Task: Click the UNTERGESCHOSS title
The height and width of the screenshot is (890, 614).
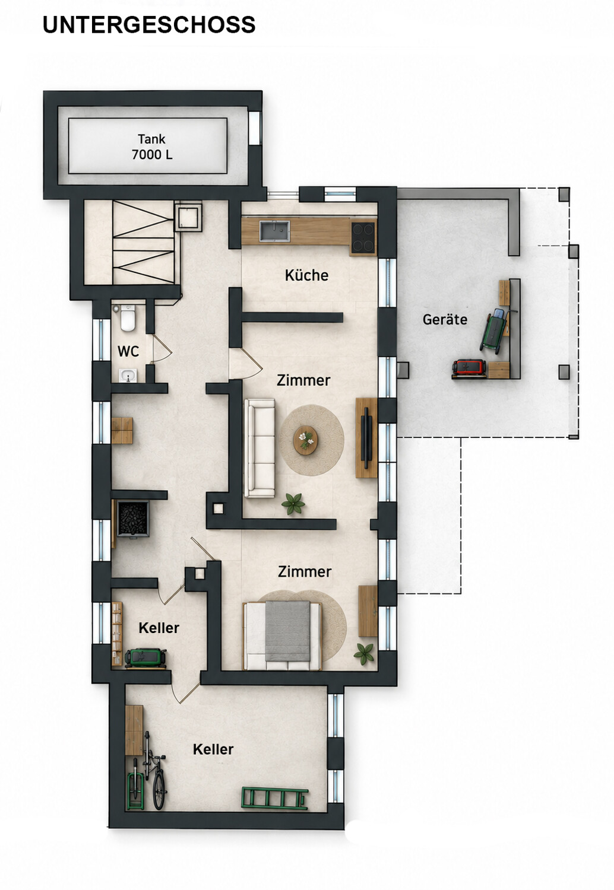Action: [148, 25]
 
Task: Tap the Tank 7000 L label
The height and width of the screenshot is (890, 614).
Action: [152, 147]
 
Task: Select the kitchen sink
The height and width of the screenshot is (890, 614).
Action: [275, 231]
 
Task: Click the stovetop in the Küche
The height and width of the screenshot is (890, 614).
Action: [363, 237]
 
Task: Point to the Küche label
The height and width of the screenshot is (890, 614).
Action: [306, 275]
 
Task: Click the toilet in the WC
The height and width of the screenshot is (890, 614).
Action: [128, 318]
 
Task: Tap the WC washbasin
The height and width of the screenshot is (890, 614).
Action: [128, 375]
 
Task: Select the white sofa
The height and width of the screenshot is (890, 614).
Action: [259, 448]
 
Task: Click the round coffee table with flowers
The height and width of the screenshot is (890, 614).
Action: [305, 440]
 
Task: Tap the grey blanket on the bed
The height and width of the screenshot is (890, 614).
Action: [287, 631]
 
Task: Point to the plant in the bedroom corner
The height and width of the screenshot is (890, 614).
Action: [364, 654]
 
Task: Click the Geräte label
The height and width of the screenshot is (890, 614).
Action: [445, 319]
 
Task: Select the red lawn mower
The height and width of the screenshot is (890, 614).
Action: [469, 367]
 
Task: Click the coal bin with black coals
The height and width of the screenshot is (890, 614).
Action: [133, 519]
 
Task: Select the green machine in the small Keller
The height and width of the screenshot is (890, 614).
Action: [145, 657]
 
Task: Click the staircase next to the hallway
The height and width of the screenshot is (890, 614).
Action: [144, 242]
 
